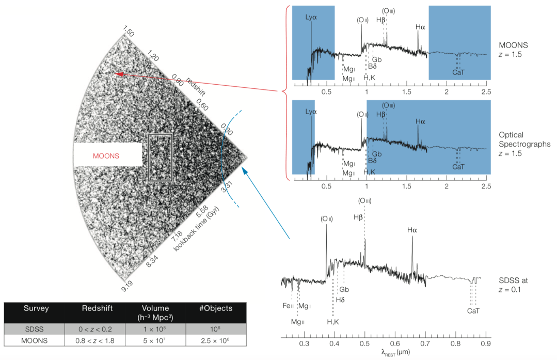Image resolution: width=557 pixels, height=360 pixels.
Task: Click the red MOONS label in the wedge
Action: tap(106, 155)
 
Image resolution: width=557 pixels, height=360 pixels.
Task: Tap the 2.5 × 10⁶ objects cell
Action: tap(216, 340)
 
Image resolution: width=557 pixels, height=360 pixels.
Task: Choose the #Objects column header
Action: tap(216, 308)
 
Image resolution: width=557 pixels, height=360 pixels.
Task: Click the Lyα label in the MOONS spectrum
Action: tap(311, 17)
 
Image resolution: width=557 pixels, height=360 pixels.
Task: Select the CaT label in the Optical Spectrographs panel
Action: tap(458, 166)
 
